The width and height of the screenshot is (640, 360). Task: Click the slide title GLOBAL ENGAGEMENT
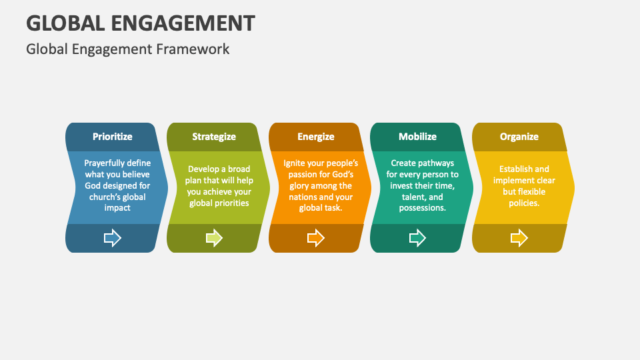click(x=141, y=23)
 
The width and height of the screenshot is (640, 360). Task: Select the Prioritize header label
click(x=112, y=137)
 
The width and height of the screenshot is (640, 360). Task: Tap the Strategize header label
click(x=214, y=137)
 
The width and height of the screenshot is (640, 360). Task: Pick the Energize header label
click(x=315, y=137)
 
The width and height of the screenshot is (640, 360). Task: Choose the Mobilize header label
click(x=417, y=137)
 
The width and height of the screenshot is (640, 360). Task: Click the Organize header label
click(x=519, y=137)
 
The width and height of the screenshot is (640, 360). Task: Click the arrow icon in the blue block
click(x=113, y=238)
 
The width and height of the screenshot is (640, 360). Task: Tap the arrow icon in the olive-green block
click(x=214, y=238)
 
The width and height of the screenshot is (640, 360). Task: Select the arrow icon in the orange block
click(x=316, y=238)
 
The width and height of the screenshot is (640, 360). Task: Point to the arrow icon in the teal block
click(x=417, y=238)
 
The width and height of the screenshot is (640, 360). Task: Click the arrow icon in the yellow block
click(x=519, y=238)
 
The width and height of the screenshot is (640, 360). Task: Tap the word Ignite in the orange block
click(x=296, y=163)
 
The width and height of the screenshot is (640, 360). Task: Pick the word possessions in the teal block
click(x=422, y=208)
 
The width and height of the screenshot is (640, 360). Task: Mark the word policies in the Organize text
click(x=521, y=203)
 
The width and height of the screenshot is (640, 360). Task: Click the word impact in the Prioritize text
click(x=117, y=208)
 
